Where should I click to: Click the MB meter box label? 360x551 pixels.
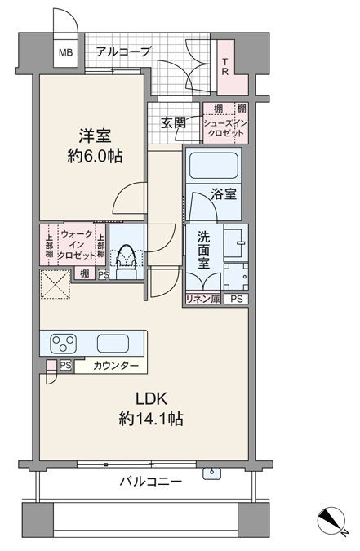(x=65, y=53)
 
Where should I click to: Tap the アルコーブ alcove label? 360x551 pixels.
(x=123, y=52)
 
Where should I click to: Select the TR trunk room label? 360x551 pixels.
(x=225, y=67)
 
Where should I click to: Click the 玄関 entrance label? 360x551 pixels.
(x=173, y=122)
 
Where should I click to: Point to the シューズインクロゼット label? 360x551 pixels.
(x=225, y=128)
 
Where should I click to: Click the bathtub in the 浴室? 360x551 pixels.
(x=214, y=166)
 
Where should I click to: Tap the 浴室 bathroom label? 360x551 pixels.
(x=224, y=194)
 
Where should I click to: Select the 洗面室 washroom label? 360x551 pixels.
(x=203, y=249)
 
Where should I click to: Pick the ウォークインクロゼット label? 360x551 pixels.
(x=77, y=244)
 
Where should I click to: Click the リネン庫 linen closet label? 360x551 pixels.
(x=203, y=299)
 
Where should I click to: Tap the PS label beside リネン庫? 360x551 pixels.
(x=237, y=300)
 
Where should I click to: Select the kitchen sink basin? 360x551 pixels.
(x=113, y=344)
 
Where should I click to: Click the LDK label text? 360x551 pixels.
(x=151, y=398)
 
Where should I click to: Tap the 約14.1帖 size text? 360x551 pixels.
(x=151, y=419)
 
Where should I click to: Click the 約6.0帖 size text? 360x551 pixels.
(x=95, y=156)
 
